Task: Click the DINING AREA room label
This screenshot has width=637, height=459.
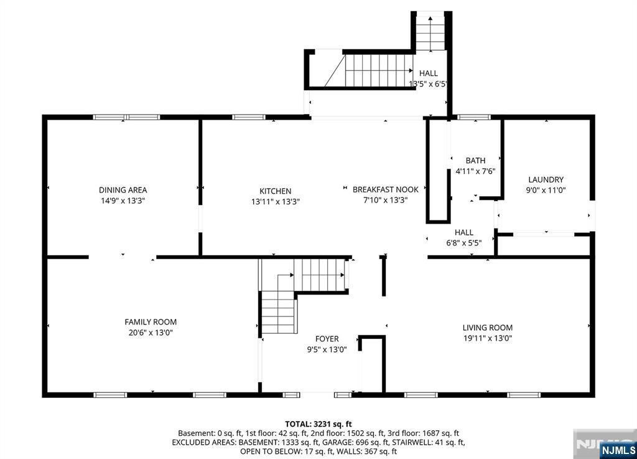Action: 123,190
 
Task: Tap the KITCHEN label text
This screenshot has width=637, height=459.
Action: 276,191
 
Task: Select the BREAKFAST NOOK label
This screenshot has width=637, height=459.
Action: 386,189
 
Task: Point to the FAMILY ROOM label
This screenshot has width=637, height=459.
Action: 151,322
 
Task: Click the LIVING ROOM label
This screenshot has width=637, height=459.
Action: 488,328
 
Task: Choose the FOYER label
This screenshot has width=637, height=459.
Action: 327,339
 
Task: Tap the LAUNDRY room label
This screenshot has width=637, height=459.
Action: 546,180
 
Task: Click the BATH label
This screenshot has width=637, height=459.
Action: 475,161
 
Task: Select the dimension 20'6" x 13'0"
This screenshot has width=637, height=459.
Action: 151,333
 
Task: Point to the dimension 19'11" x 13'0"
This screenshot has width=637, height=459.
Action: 488,338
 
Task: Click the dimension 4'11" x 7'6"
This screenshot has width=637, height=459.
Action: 475,171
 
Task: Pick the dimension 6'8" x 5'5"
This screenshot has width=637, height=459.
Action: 464,243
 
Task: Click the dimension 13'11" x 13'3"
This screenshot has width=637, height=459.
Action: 276,202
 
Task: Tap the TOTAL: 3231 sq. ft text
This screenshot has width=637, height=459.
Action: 318,425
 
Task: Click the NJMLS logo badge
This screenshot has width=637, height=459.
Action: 618,450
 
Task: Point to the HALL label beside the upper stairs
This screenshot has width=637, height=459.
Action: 429,73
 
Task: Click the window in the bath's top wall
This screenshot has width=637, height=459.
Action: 473,117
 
